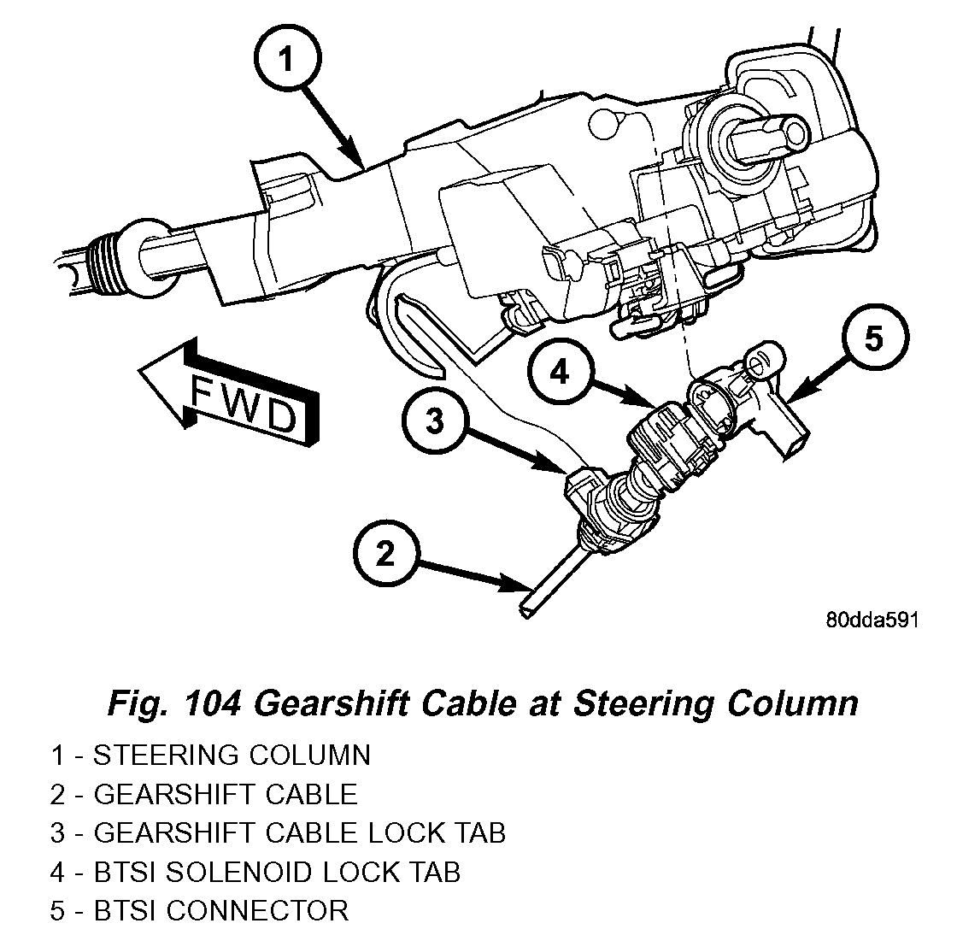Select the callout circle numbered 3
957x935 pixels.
pyautogui.click(x=436, y=421)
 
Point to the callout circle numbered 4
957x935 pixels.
pyautogui.click(x=559, y=373)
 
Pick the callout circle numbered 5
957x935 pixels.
pyautogui.click(x=872, y=338)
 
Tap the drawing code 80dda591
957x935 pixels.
pyautogui.click(x=871, y=620)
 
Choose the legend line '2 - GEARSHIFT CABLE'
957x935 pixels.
pyautogui.click(x=203, y=794)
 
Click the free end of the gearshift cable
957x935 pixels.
pyautogui.click(x=527, y=609)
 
